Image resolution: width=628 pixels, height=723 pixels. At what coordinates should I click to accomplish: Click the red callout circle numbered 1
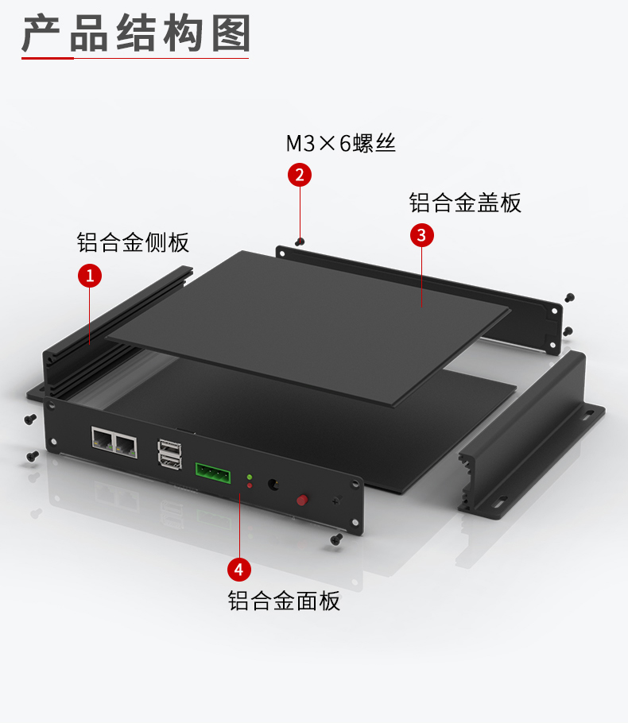pyautogui.click(x=89, y=276)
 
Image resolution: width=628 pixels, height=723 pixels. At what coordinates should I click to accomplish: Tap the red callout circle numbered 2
pyautogui.click(x=299, y=175)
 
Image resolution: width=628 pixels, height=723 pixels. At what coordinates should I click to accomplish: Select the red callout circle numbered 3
pyautogui.click(x=421, y=235)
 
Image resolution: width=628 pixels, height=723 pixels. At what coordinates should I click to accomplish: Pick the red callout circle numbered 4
pyautogui.click(x=239, y=569)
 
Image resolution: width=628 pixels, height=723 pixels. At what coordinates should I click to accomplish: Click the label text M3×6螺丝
pyautogui.click(x=340, y=144)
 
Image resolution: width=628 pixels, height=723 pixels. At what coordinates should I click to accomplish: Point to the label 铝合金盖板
pyautogui.click(x=465, y=203)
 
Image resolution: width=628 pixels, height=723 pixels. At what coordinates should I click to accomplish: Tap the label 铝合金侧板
pyautogui.click(x=133, y=242)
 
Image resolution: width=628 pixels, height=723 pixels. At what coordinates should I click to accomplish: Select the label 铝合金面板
pyautogui.click(x=284, y=600)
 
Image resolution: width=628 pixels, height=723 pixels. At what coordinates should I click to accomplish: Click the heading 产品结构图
pyautogui.click(x=135, y=36)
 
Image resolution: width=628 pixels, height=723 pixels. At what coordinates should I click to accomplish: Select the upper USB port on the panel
pyautogui.click(x=169, y=450)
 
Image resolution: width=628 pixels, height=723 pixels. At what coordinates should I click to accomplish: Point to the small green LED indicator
pyautogui.click(x=250, y=477)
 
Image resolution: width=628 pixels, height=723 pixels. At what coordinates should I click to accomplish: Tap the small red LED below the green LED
pyautogui.click(x=250, y=485)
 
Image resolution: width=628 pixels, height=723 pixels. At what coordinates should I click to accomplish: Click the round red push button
pyautogui.click(x=302, y=500)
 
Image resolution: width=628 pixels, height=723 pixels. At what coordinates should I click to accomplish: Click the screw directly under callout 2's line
pyautogui.click(x=299, y=241)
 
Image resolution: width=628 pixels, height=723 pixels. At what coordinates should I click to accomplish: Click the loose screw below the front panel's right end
pyautogui.click(x=335, y=539)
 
